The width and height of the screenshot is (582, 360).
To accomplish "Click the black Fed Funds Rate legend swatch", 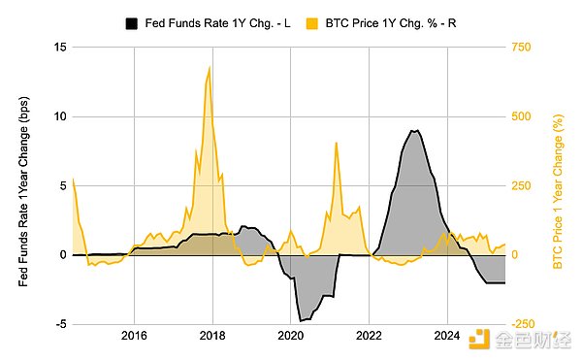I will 131,21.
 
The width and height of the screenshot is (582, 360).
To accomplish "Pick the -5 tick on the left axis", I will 58,324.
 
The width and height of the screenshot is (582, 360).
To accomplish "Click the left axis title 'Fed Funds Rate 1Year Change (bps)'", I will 24,185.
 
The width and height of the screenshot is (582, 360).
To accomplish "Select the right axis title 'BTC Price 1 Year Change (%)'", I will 558,185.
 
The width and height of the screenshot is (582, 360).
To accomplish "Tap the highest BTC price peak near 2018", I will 210,67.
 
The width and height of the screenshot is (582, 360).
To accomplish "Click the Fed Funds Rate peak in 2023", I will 414,130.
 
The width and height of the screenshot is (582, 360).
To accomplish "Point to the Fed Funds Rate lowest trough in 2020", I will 302,320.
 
